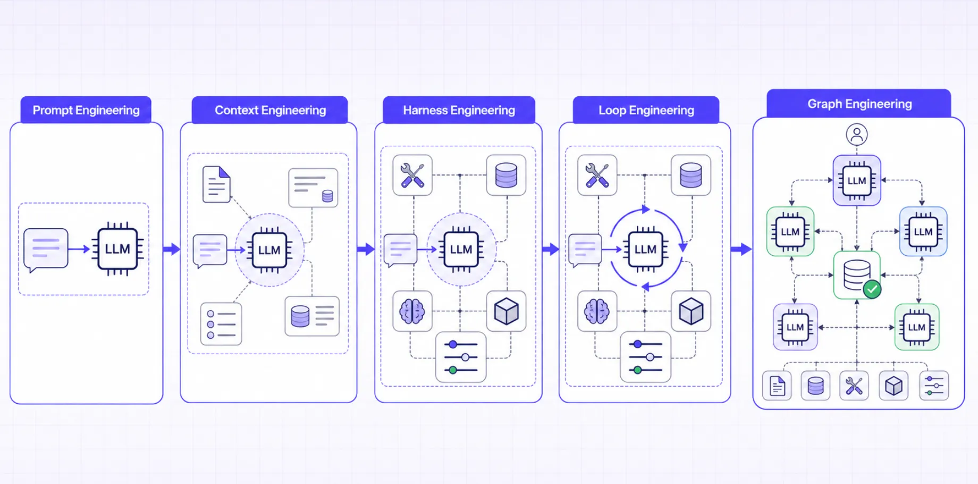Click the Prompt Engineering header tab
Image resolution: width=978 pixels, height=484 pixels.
click(86, 110)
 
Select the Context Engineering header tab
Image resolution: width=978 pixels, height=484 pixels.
click(270, 110)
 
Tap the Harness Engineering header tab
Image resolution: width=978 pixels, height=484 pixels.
click(459, 110)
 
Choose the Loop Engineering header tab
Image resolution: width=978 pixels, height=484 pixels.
click(646, 110)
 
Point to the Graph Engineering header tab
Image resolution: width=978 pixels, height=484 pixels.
click(859, 104)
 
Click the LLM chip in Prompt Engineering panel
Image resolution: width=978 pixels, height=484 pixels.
click(117, 249)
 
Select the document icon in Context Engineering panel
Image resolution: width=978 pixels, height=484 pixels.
click(216, 184)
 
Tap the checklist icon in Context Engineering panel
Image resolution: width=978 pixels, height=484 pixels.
click(221, 324)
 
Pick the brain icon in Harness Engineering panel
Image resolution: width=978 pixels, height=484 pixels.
click(412, 311)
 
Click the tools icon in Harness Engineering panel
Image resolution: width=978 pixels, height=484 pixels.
click(412, 175)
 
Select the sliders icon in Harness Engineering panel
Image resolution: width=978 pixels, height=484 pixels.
click(461, 357)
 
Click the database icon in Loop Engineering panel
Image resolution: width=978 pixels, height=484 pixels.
click(691, 175)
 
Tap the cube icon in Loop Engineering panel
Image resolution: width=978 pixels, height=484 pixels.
click(691, 311)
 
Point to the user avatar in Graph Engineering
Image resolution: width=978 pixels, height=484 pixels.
click(857, 135)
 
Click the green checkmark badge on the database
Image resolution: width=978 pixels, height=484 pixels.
click(872, 289)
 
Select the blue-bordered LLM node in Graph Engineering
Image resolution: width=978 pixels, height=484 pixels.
click(923, 232)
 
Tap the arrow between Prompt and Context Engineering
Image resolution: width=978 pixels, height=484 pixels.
click(172, 249)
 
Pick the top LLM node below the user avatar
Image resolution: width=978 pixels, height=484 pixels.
click(857, 180)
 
